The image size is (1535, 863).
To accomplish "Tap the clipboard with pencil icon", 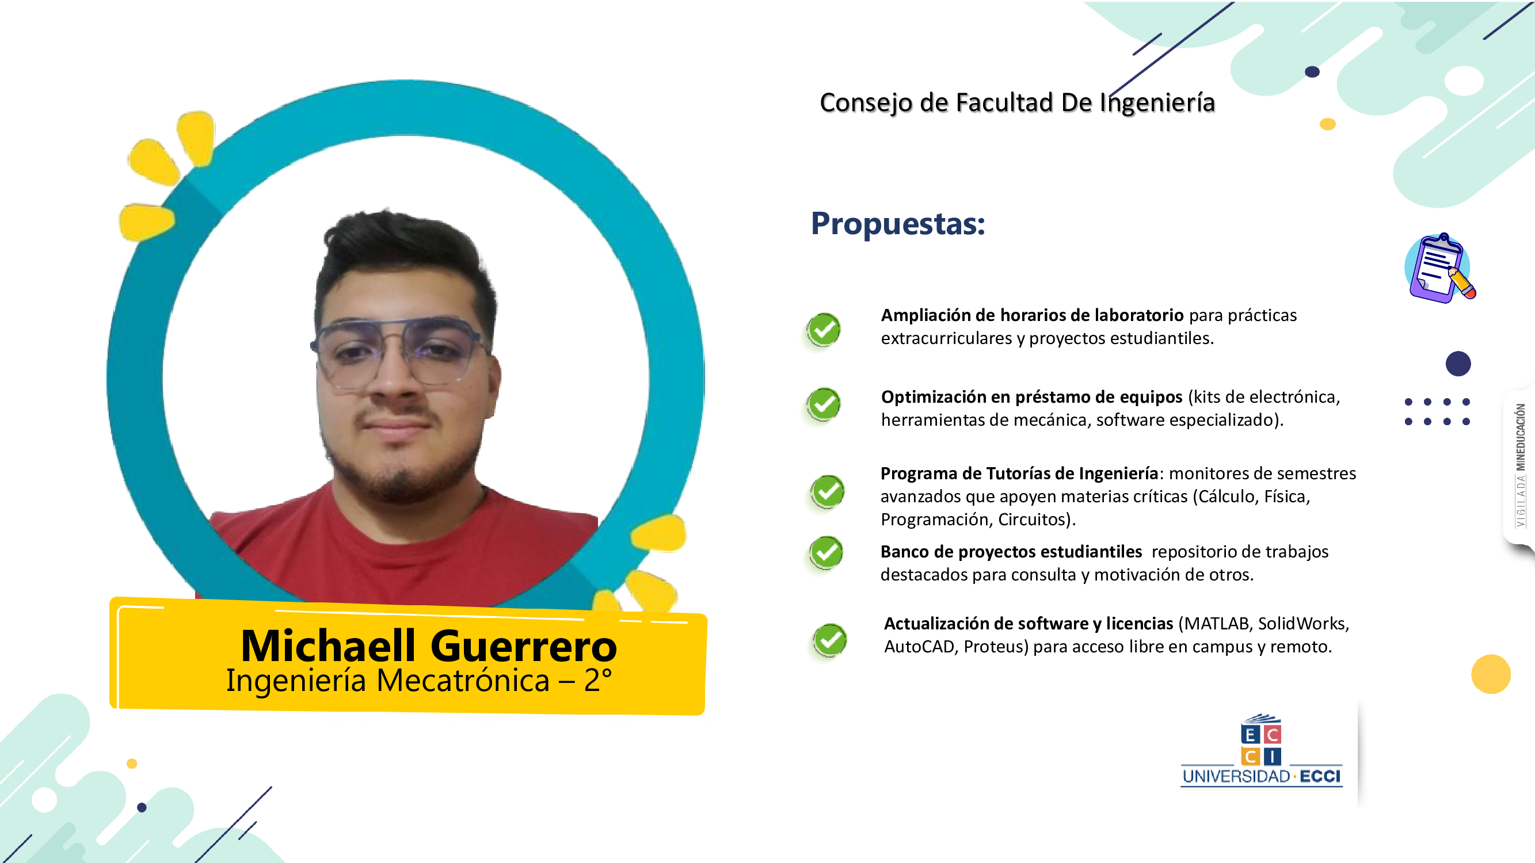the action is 1439,268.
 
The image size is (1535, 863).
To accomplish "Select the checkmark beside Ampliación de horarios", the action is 824,329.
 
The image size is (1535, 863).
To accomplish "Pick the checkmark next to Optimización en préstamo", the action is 824,404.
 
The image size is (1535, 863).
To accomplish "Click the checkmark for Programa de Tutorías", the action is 827,491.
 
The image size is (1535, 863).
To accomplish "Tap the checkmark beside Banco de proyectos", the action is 826,553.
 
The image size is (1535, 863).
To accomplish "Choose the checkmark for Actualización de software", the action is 829,640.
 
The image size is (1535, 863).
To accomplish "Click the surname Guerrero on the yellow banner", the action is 523,647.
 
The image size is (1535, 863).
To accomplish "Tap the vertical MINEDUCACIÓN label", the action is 1521,437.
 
